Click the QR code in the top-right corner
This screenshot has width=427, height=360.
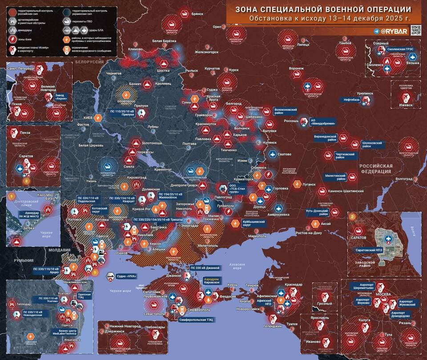click(x=415, y=30)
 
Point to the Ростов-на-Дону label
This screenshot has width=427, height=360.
click(x=306, y=232)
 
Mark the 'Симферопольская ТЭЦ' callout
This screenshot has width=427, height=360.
click(x=196, y=320)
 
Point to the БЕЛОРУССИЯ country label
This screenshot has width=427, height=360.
click(x=89, y=62)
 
